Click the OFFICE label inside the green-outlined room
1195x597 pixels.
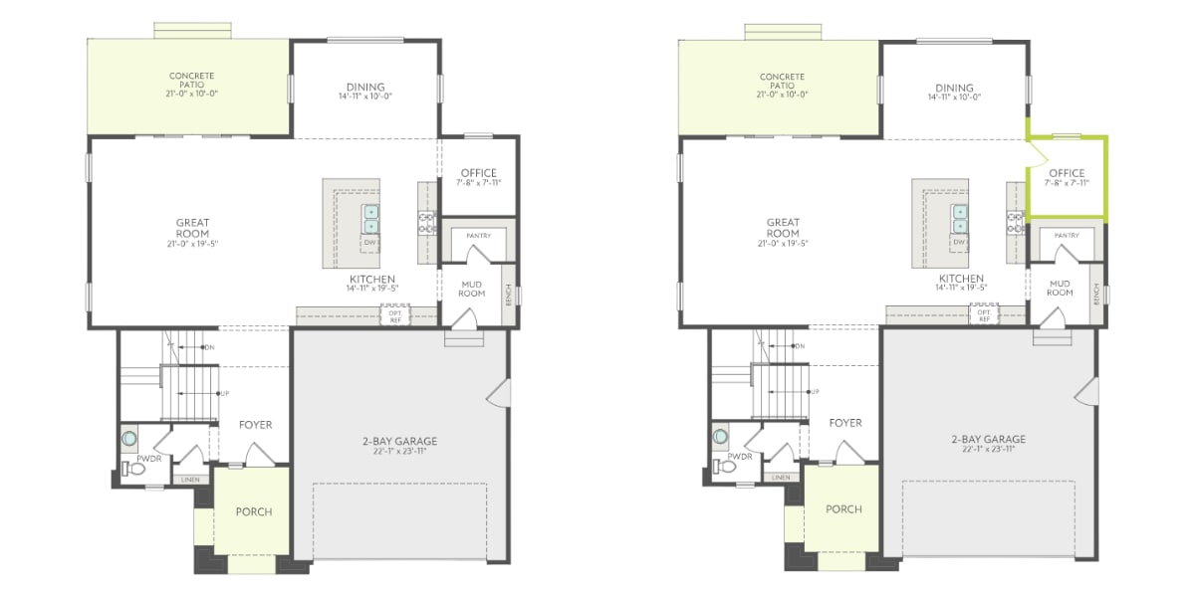click(x=1067, y=173)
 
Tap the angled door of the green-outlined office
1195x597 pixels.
click(x=1038, y=152)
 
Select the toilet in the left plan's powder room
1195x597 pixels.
click(x=128, y=467)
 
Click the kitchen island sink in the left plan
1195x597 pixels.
click(x=370, y=218)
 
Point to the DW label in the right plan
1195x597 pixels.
click(x=960, y=242)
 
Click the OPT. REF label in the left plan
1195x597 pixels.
click(x=393, y=316)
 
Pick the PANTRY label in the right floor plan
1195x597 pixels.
click(x=1067, y=236)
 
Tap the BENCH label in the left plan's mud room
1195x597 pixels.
click(x=509, y=294)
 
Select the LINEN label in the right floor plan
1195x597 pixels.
click(x=782, y=478)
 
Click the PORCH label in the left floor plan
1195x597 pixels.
click(x=254, y=511)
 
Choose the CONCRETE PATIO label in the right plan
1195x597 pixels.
click(x=783, y=82)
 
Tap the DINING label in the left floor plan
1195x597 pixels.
click(x=364, y=87)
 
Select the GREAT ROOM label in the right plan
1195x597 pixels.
click(x=784, y=228)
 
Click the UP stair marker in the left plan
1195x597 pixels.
click(x=224, y=393)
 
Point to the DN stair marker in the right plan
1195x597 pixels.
click(x=800, y=346)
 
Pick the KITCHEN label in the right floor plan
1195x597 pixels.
click(x=961, y=279)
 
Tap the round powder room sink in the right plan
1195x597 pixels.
click(x=719, y=437)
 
